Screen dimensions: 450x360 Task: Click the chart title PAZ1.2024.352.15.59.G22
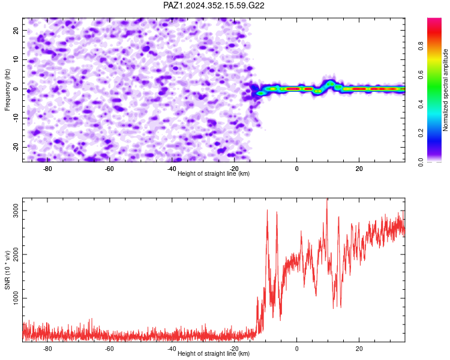click(x=214, y=5)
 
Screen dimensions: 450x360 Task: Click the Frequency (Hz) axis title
click(x=7, y=90)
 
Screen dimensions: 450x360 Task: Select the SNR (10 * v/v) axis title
click(x=7, y=270)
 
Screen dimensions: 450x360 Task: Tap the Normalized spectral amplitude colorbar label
click(x=445, y=90)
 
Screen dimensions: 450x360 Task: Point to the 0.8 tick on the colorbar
click(x=421, y=46)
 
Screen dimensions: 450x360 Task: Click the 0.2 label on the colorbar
click(x=421, y=133)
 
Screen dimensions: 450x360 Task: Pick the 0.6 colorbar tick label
click(x=421, y=75)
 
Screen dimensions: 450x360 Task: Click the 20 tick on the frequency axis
click(x=16, y=30)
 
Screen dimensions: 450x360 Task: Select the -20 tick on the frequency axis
click(x=16, y=147)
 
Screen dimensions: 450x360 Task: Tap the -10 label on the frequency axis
click(x=16, y=118)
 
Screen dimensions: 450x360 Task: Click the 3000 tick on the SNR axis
click(x=16, y=211)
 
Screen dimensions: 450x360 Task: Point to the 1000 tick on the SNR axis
click(x=16, y=298)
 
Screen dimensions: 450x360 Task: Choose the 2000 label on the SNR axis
click(x=16, y=254)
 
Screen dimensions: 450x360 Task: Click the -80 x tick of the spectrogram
click(x=47, y=169)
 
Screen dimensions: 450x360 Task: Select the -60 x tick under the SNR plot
click(x=109, y=349)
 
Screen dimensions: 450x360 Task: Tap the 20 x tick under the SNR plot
click(x=359, y=349)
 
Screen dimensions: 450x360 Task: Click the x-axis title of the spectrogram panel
click(x=214, y=173)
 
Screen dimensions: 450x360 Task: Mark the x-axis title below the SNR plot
click(x=214, y=353)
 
